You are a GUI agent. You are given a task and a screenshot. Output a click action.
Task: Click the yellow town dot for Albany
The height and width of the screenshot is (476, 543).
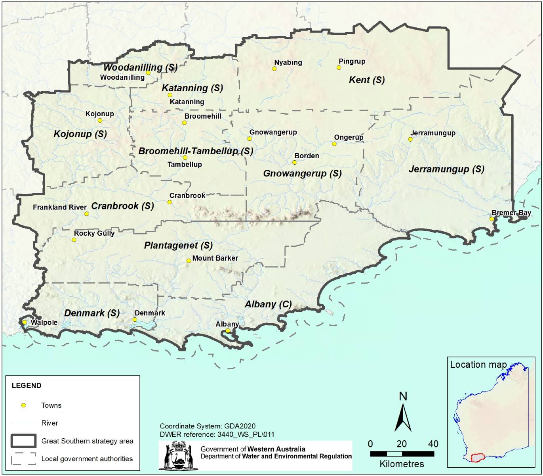228,331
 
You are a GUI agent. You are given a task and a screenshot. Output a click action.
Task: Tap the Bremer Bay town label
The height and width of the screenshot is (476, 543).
511,213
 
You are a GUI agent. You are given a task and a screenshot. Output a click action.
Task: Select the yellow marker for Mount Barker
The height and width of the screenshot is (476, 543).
189,261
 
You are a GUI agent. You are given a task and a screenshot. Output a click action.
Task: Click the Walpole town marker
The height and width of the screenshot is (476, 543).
25,322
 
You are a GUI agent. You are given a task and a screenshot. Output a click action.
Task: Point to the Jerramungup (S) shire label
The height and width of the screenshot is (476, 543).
446,169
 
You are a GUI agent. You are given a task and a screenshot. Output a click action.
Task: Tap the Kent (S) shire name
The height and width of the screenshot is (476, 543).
366,80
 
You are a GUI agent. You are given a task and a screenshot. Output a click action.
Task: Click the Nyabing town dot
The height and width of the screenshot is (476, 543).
274,69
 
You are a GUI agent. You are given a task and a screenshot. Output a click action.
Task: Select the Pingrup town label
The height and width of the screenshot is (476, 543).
352,61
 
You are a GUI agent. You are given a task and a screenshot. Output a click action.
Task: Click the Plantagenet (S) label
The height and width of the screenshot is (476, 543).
178,246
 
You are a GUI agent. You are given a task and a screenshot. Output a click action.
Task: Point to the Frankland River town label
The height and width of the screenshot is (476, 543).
59,207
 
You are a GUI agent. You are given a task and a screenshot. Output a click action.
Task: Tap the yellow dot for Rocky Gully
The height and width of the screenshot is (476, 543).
74,240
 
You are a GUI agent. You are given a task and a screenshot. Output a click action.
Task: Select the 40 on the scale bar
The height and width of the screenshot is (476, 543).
433,444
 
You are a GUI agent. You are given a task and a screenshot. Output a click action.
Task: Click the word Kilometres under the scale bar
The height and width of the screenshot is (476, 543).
402,464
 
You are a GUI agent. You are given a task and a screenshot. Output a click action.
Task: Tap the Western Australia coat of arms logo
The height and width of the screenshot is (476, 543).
178,456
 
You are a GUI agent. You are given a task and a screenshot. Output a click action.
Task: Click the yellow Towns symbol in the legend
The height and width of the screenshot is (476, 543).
24,405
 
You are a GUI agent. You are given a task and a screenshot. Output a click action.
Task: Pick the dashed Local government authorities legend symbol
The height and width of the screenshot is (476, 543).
24,459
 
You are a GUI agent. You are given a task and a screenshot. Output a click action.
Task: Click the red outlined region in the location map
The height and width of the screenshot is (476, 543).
478,458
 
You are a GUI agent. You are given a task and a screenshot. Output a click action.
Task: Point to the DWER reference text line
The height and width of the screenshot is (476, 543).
217,434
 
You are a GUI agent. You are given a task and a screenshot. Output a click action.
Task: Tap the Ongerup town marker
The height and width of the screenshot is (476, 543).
334,144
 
